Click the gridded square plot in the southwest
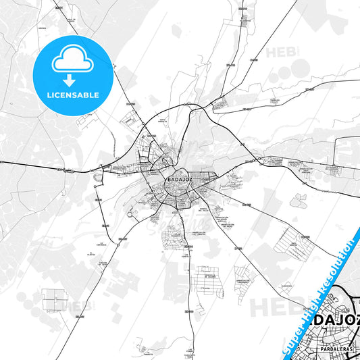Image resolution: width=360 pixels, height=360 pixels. click(55, 299)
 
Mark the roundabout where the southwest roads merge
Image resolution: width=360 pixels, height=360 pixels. click(118, 246)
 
